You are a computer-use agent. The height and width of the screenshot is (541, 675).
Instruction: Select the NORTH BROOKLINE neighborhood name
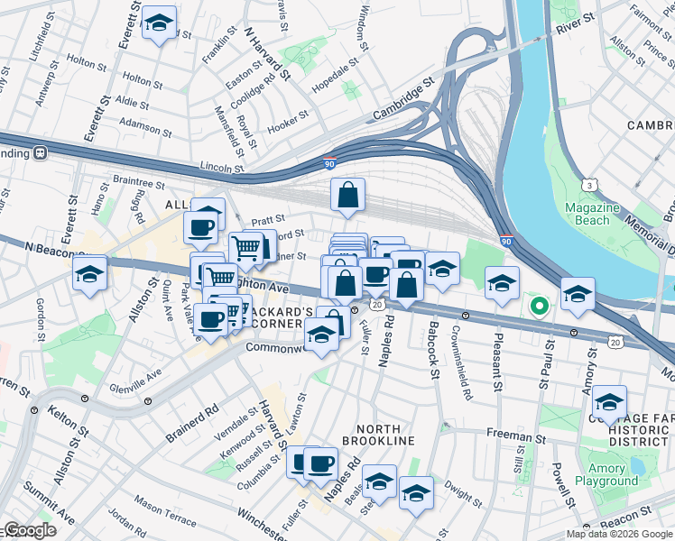[372, 440]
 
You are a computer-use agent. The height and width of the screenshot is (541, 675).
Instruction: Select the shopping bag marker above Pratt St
[347, 195]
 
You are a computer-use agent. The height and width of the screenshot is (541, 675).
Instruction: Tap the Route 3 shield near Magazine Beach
[589, 185]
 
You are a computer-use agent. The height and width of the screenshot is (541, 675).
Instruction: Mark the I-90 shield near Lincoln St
[330, 165]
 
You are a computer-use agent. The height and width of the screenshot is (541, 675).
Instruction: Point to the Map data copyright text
[619, 534]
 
